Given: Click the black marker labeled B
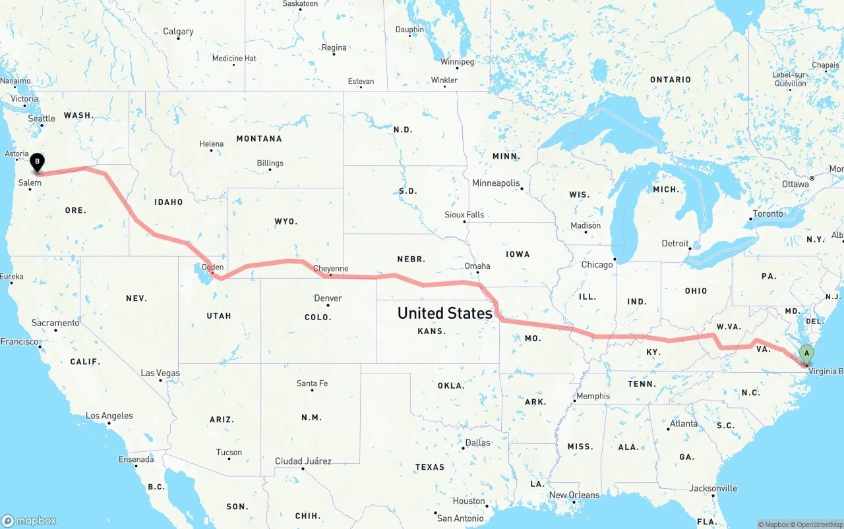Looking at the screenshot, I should pos(38,161).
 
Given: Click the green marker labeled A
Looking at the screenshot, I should pos(806,354).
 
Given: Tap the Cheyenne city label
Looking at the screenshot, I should pos(330,268).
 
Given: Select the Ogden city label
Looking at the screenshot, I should pos(212,267).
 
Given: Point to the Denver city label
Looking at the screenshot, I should pos(328,298).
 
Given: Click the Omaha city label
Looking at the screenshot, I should pos(477,265).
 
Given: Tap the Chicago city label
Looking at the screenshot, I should pos(597,264).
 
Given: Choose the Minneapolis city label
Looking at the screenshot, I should pos(496,182).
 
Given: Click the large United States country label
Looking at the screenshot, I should pos(445,313).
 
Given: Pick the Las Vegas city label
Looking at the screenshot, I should pos(160,373).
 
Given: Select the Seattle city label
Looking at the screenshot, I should pos(42,119).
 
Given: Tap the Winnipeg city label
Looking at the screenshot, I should pos(458,62).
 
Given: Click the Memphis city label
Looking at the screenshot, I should pos(593,396).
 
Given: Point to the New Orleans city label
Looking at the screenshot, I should pos(574,495).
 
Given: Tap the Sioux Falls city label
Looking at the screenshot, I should pos(464,215).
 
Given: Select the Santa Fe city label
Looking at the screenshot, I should pos(312,383).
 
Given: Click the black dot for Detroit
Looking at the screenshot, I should pos(690,248).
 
